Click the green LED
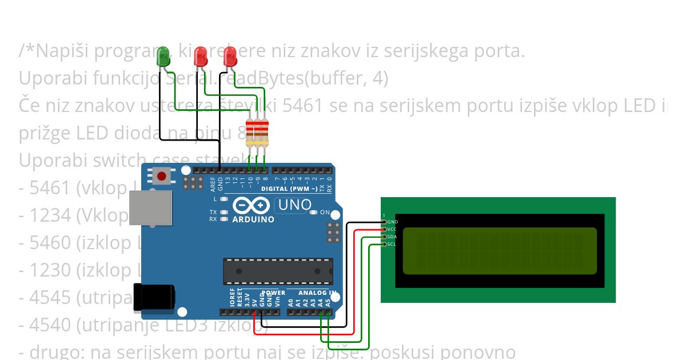(x=163, y=57)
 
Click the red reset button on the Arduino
(x=162, y=176)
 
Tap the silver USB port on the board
(x=150, y=207)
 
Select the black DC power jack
(x=153, y=297)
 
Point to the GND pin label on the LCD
(x=392, y=222)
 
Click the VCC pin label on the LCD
(x=392, y=229)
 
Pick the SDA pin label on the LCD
(x=392, y=237)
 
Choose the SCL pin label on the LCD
(x=392, y=244)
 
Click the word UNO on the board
(x=295, y=205)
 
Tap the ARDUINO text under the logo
(x=253, y=219)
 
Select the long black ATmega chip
(x=278, y=271)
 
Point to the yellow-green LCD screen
(x=500, y=251)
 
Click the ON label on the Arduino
(x=325, y=213)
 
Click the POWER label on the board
(x=273, y=293)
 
